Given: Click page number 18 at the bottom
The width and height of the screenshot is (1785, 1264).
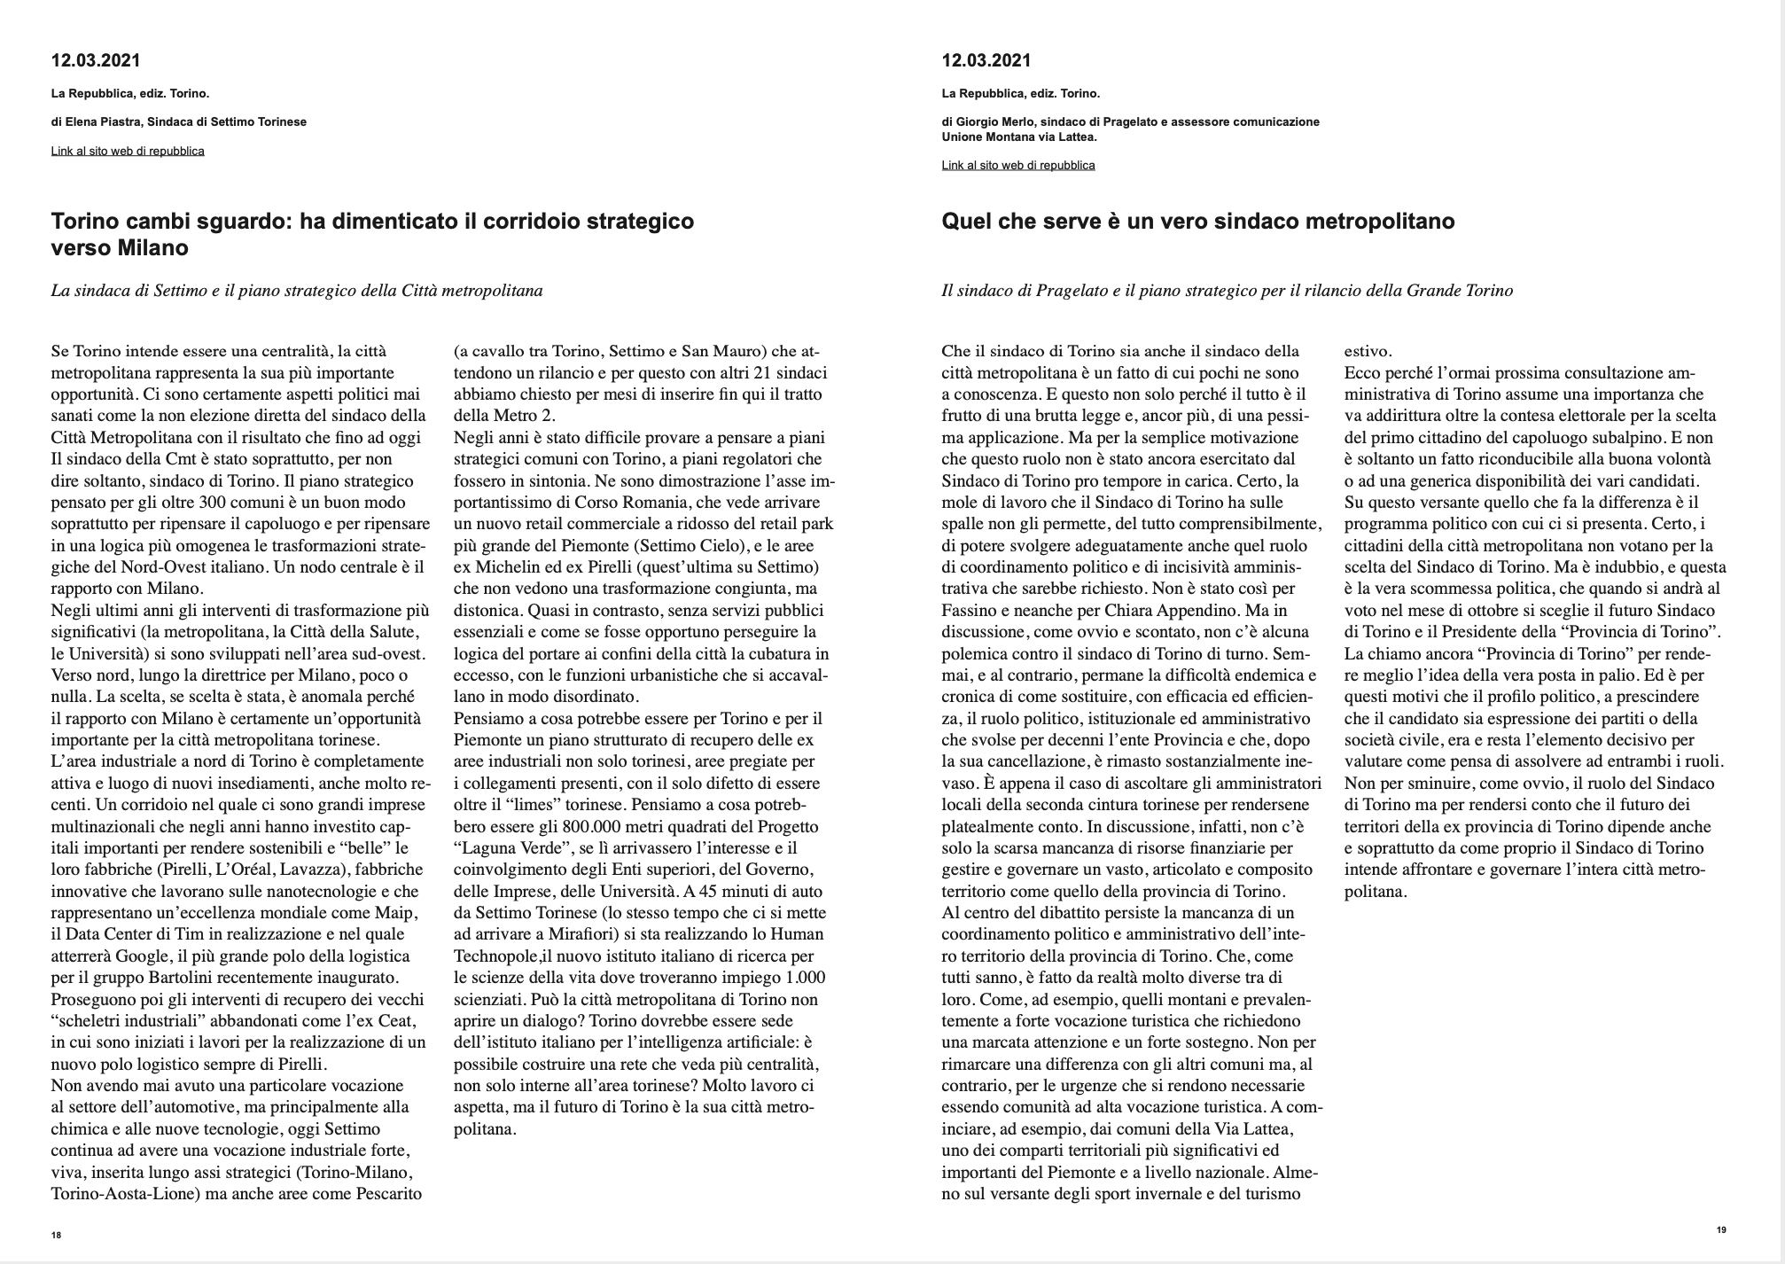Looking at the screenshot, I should pyautogui.click(x=56, y=1235).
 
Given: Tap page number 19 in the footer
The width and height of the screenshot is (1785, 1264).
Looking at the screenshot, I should pyautogui.click(x=1721, y=1229).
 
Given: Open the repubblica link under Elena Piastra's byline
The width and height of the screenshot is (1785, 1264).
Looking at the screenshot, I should pyautogui.click(x=128, y=151).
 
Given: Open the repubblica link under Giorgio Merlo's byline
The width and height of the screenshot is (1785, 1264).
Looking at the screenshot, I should pyautogui.click(x=1018, y=165).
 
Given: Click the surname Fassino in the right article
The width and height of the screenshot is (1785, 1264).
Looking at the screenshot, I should pyautogui.click(x=970, y=611).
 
